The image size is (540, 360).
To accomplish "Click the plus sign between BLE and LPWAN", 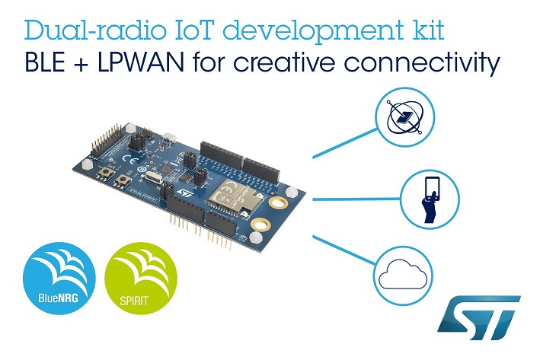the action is pos(81,65).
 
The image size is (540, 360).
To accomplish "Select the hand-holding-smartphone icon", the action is pos(430,199).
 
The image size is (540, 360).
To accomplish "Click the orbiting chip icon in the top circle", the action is pos(404,117).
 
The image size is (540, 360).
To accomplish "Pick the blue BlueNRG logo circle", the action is pos(59,279).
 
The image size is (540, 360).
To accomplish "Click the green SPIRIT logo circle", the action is pos(141,279).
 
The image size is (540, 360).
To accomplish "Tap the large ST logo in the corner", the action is pos(479,317).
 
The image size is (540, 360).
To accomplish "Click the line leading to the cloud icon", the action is pos(344,250).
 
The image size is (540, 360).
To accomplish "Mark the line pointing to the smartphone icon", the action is pos(356,199).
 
